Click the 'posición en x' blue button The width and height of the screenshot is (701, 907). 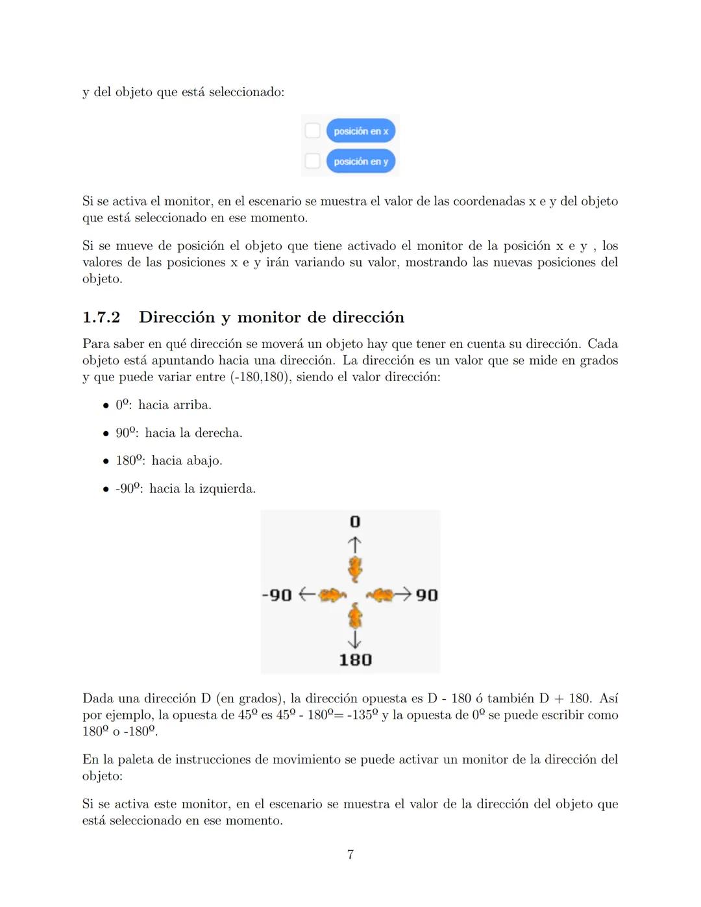(360, 131)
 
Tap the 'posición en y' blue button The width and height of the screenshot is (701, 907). (360, 161)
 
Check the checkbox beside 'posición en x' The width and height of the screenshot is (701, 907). (313, 130)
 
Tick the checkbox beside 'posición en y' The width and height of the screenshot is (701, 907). (313, 160)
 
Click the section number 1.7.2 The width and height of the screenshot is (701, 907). (101, 317)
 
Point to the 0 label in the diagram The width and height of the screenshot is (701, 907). (354, 522)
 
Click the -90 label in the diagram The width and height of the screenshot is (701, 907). (277, 595)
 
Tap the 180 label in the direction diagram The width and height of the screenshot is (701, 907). (355, 660)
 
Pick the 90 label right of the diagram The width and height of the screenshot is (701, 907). (426, 595)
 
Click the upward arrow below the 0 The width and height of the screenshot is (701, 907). (354, 543)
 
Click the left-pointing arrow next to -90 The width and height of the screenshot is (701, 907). (306, 594)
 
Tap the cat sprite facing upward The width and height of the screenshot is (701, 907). (354, 568)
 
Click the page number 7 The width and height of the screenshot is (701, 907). (350, 855)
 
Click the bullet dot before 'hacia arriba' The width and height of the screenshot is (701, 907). (106, 406)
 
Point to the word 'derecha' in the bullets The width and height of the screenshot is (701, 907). (220, 433)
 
